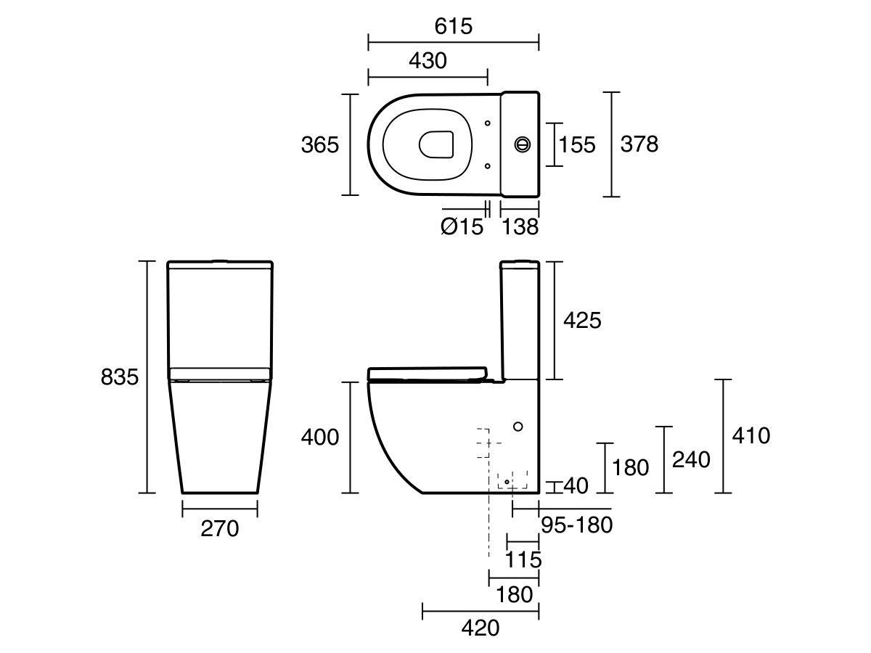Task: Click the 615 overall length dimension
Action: [x=454, y=26]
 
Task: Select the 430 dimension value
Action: [x=428, y=61]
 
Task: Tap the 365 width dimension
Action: [x=320, y=145]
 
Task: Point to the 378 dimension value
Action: [x=639, y=144]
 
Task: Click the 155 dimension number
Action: [x=576, y=145]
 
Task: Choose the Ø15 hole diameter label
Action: [x=461, y=227]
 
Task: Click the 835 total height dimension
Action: [x=120, y=377]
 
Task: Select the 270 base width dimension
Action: [x=219, y=530]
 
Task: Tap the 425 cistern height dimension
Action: [x=582, y=320]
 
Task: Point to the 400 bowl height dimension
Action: [x=320, y=438]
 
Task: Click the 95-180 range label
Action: [x=577, y=525]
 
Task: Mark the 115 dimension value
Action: [x=523, y=559]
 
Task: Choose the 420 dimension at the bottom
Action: [x=481, y=628]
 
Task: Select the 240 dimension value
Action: [x=690, y=459]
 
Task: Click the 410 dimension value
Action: [x=751, y=436]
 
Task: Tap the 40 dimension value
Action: [x=575, y=485]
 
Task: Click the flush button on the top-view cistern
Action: [x=522, y=144]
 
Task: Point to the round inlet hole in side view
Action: [x=518, y=426]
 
